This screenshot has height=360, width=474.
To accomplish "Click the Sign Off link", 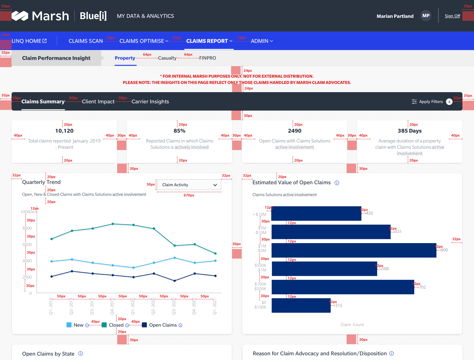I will [452, 16].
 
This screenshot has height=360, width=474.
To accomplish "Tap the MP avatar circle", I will [426, 16].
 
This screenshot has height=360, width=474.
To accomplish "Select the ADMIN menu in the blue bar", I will [262, 41].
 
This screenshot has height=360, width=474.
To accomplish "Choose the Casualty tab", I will [167, 58].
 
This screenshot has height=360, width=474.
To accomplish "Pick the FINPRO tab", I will [207, 58].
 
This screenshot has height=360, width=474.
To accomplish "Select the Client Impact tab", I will [98, 102].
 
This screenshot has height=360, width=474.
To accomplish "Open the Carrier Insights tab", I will [150, 102].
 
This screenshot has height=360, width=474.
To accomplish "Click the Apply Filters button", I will [431, 102].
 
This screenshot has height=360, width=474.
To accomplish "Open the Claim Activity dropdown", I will [189, 185].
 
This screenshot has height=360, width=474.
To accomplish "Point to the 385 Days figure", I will [409, 131].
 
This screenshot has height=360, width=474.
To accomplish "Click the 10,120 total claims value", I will [64, 131].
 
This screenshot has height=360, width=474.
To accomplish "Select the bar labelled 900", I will [354, 250].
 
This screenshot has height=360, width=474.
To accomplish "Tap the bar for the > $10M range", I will [316, 213].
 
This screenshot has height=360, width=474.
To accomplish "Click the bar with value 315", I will [301, 305].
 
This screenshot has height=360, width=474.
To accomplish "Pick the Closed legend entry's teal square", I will [104, 325].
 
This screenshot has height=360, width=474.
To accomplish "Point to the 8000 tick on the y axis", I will [27, 228].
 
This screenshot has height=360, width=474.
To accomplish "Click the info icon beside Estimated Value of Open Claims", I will [337, 183].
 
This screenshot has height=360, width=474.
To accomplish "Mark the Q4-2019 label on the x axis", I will [112, 307].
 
